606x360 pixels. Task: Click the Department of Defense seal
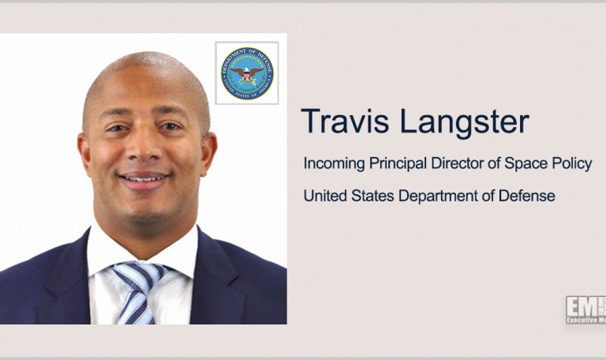click(247, 73)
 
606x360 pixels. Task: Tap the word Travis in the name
click(340, 122)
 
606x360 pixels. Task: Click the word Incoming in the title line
click(335, 165)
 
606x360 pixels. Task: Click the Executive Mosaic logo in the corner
click(585, 310)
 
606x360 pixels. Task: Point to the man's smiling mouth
click(144, 179)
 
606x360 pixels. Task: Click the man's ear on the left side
click(82, 150)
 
